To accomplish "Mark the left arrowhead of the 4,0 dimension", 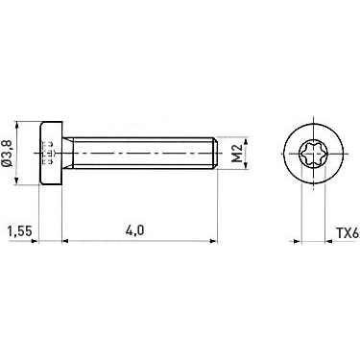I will click(66, 240).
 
